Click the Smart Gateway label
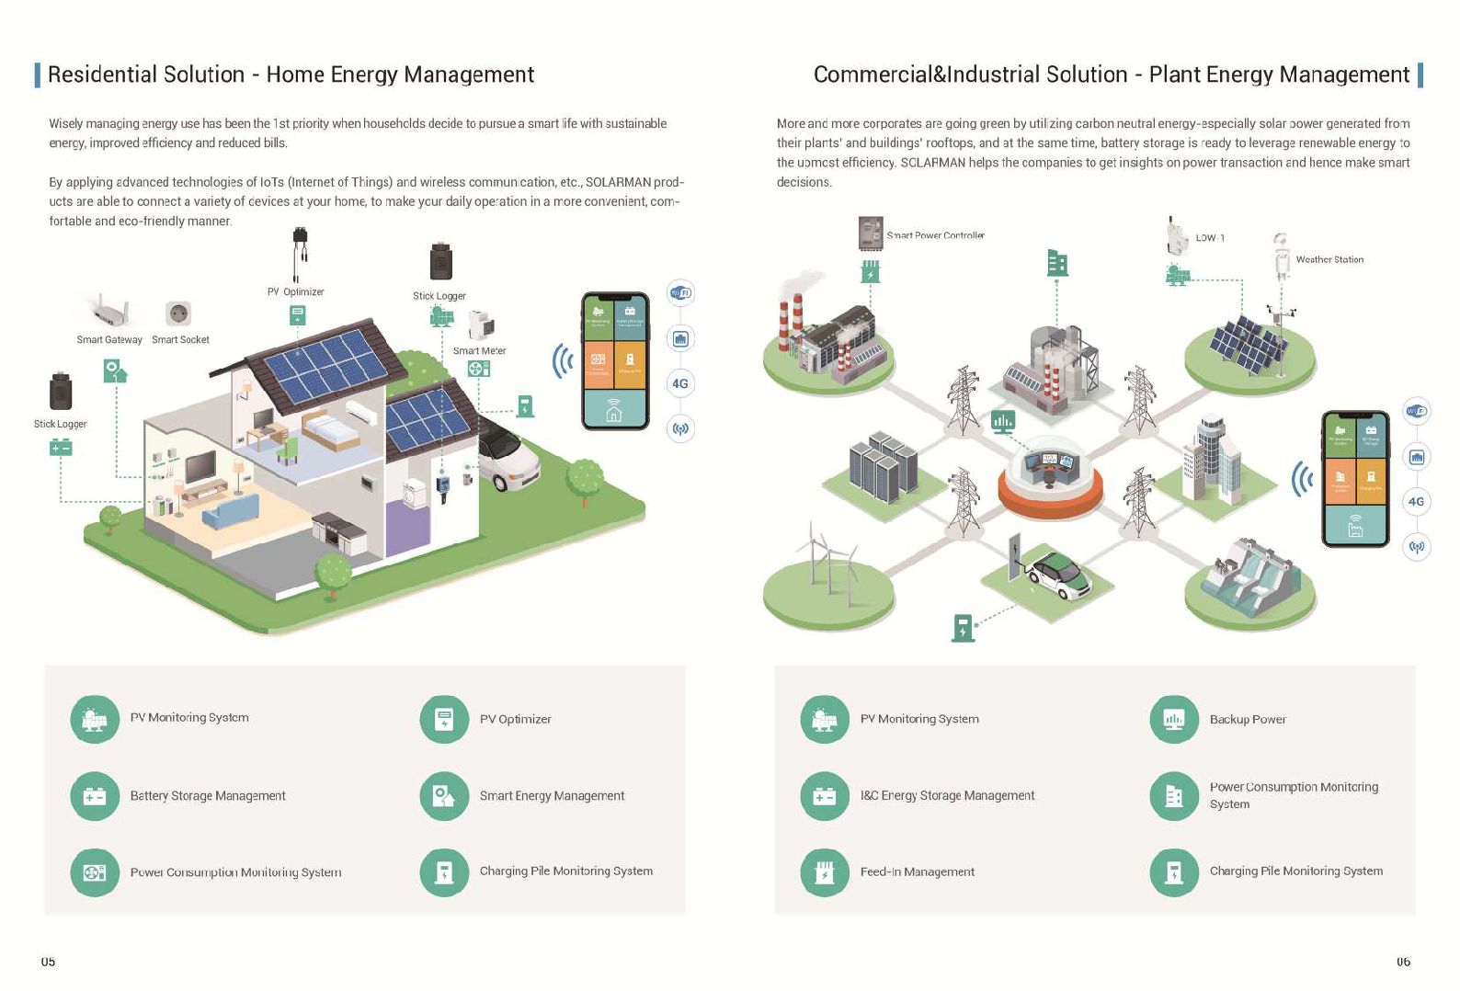[109, 340]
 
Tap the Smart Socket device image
[178, 313]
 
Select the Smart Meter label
[479, 351]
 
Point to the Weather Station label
[1329, 260]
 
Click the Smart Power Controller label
[935, 236]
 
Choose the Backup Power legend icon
[1174, 720]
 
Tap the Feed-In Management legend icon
[825, 871]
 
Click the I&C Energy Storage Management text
[947, 796]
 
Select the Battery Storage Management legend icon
[95, 796]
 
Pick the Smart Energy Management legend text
[552, 796]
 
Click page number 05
[48, 962]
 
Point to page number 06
[1403, 962]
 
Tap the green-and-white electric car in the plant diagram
[1059, 574]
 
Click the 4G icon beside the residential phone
[680, 384]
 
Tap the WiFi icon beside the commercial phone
[1416, 412]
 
